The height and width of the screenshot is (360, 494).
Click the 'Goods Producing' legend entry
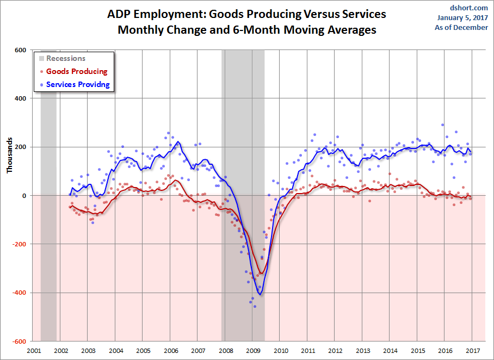tap(77, 71)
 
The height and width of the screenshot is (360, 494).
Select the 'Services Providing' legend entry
tap(78, 84)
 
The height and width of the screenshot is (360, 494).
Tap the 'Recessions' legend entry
tap(66, 58)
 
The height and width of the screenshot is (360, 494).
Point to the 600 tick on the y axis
tap(20, 50)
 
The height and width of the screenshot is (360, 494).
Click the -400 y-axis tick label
tap(19, 293)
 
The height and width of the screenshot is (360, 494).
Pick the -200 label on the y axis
tap(19, 244)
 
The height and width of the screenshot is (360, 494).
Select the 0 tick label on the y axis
tap(24, 196)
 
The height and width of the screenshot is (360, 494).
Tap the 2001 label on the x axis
tap(34, 351)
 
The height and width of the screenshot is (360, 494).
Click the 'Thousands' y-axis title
tap(9, 154)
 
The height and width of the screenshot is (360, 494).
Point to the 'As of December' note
tap(461, 27)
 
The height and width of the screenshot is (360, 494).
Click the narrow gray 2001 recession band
tap(48, 196)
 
